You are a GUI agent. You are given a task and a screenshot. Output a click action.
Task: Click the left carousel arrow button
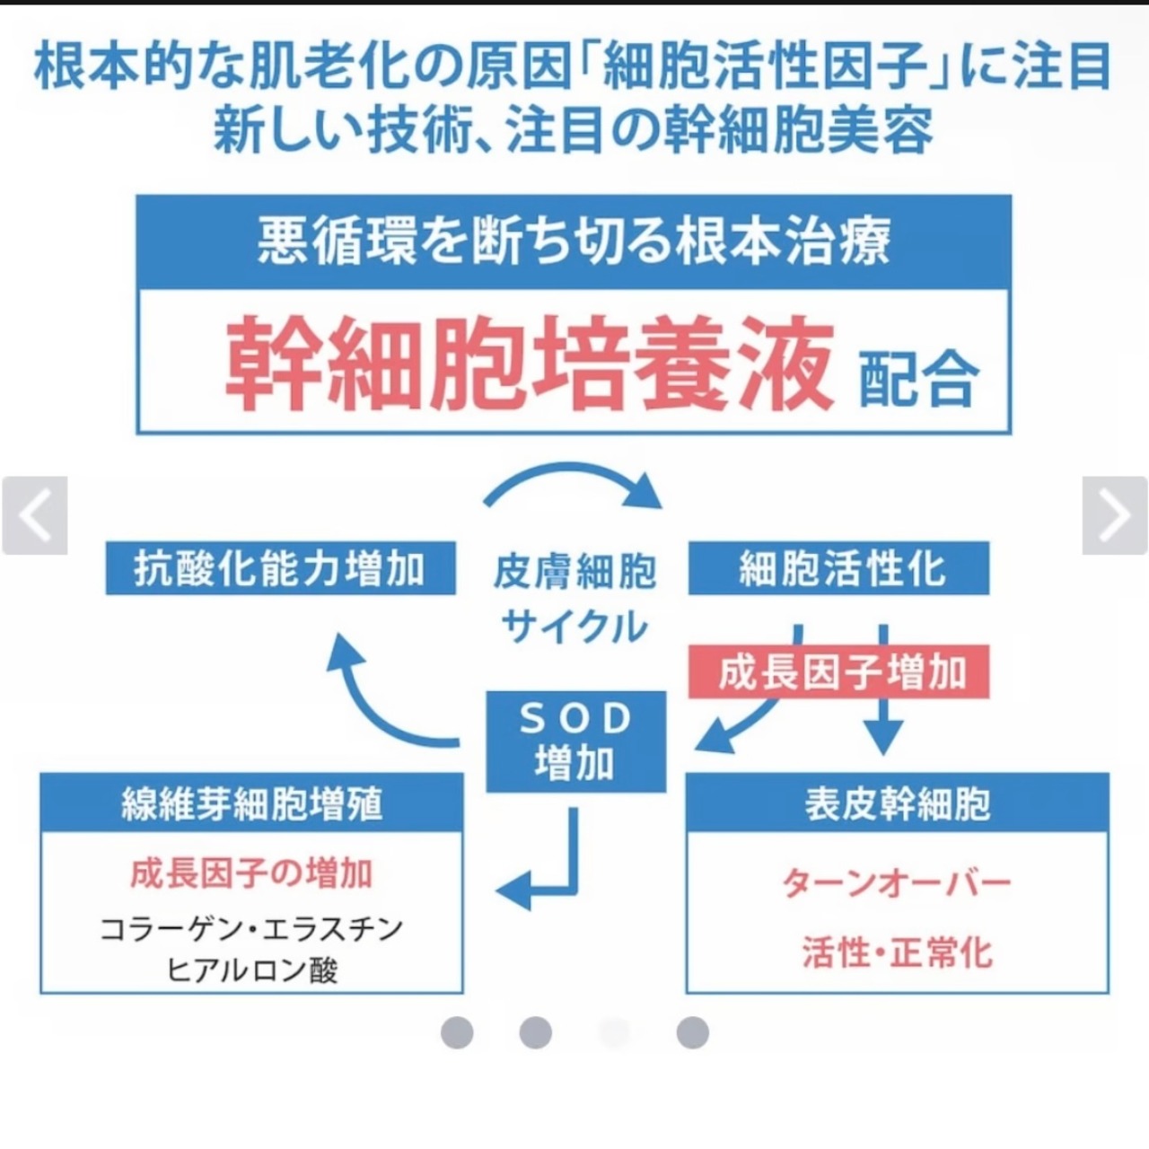point(35,515)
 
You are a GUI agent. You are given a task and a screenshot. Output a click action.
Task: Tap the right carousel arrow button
point(1114,515)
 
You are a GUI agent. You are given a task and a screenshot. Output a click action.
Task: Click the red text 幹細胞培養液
point(530,364)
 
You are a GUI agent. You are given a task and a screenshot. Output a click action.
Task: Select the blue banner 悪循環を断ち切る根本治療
point(574,242)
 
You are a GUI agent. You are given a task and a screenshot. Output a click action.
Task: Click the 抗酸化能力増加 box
point(280,568)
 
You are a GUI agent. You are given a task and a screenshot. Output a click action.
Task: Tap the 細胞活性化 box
point(838,568)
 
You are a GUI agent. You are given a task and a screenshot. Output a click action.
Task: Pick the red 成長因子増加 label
point(838,672)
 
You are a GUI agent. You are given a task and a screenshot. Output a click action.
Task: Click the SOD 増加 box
point(575,741)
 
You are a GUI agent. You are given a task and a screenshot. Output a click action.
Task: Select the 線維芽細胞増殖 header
point(252,803)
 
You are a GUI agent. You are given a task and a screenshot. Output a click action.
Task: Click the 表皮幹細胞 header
point(897,803)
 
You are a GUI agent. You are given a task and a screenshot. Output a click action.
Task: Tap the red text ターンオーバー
point(897,883)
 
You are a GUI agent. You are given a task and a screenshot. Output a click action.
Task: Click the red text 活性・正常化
point(897,952)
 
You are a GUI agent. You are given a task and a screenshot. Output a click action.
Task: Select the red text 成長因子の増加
point(251,873)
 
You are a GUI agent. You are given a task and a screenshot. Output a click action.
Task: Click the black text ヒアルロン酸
point(252,970)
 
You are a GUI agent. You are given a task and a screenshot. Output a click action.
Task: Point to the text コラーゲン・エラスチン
point(252,928)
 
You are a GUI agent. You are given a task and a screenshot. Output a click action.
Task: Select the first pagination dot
point(457,1032)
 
